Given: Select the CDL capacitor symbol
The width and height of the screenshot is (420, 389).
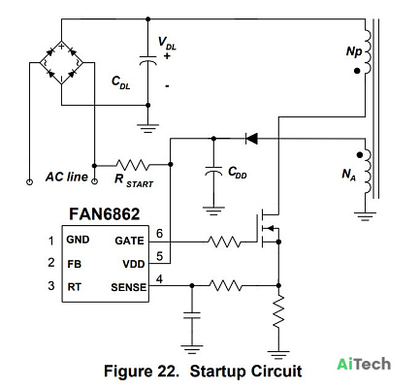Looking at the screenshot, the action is pyautogui.click(x=147, y=59).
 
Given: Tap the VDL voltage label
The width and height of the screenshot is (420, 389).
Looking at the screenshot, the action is pyautogui.click(x=167, y=44).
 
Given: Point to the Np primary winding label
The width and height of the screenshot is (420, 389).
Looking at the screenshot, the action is pyautogui.click(x=354, y=51).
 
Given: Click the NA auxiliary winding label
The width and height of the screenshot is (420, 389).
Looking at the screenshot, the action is pyautogui.click(x=349, y=175).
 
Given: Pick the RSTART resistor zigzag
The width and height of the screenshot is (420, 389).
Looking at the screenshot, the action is pyautogui.click(x=133, y=165).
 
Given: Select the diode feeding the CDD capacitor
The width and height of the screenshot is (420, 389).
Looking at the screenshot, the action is pyautogui.click(x=251, y=139).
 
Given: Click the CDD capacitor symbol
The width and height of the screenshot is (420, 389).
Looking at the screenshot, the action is pyautogui.click(x=213, y=172).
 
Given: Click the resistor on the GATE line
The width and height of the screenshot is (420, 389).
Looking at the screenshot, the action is pyautogui.click(x=224, y=242).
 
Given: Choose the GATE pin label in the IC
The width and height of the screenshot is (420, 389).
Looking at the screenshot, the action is pyautogui.click(x=129, y=241).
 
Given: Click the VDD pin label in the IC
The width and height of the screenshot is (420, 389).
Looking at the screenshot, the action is pyautogui.click(x=134, y=264).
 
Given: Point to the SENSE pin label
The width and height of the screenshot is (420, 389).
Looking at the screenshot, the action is pyautogui.click(x=129, y=287).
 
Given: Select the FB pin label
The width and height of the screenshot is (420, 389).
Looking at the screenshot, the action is pyautogui.click(x=74, y=264).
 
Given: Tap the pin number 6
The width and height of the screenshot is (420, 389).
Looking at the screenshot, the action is pyautogui.click(x=159, y=234).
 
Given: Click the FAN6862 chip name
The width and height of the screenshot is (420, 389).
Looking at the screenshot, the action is pyautogui.click(x=105, y=214).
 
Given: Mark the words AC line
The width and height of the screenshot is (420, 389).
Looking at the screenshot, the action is pyautogui.click(x=67, y=177).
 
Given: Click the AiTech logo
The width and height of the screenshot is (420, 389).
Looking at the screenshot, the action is pyautogui.click(x=364, y=364).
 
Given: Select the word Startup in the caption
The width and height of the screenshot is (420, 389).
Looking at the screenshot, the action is pyautogui.click(x=218, y=372).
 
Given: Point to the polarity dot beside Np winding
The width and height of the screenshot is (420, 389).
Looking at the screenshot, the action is pyautogui.click(x=357, y=71).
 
